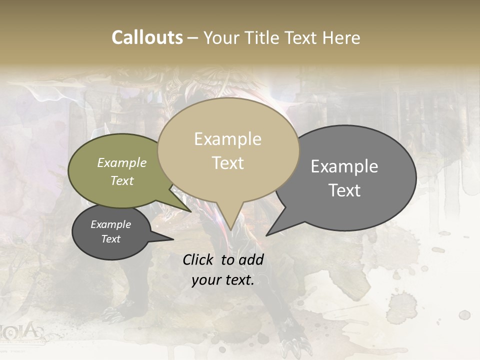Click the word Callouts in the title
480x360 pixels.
click(x=147, y=37)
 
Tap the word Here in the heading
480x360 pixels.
click(x=342, y=37)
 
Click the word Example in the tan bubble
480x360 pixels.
click(x=227, y=139)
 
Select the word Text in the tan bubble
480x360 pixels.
click(x=227, y=163)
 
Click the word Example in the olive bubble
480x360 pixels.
click(x=122, y=162)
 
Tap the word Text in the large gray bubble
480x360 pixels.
click(x=344, y=190)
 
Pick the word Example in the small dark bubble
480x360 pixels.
click(x=110, y=224)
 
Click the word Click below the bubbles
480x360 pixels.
click(x=197, y=259)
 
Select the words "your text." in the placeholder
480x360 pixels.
click(x=222, y=280)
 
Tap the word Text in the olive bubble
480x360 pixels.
click(x=122, y=180)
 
